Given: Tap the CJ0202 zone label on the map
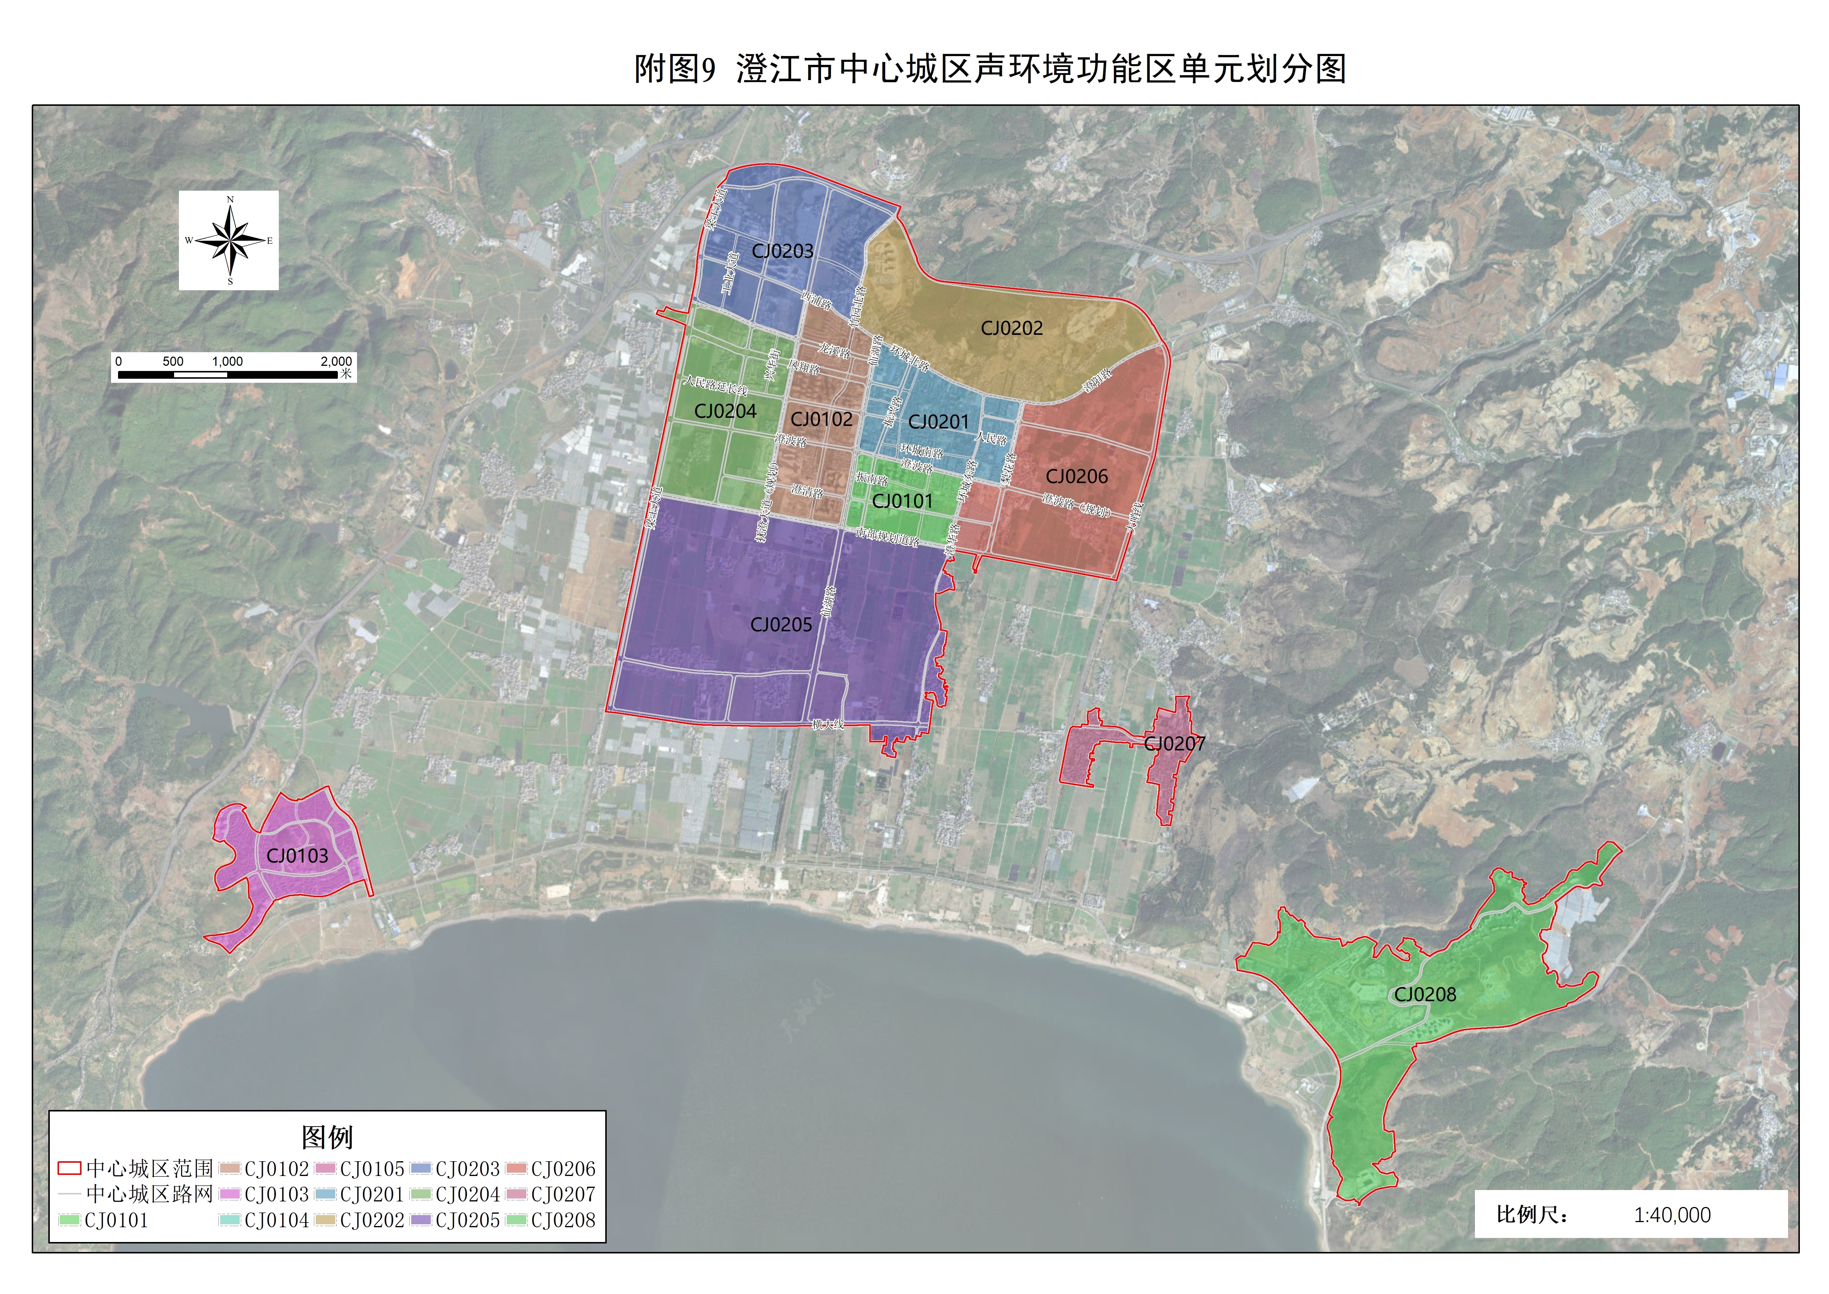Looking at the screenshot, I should click(1011, 328).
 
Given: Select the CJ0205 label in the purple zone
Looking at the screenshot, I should click(781, 625).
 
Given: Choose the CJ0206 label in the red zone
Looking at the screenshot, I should click(1077, 476).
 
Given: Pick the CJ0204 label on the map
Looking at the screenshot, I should click(725, 411).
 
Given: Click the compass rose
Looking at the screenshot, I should click(229, 240).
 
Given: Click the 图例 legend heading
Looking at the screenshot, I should click(327, 1137).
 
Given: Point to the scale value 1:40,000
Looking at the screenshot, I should click(1672, 1215).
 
